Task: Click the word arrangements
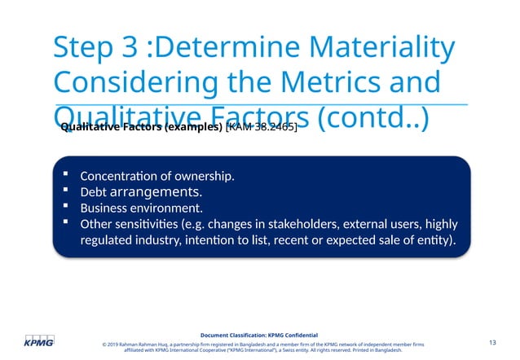[x=156, y=192]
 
